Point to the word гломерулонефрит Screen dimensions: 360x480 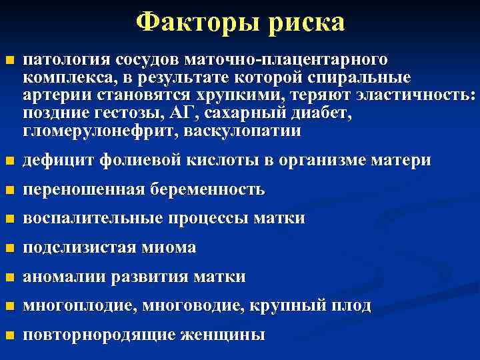[x=93, y=131]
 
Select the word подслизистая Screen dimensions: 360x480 [x=79, y=248]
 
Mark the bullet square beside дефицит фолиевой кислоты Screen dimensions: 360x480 [x=9, y=161]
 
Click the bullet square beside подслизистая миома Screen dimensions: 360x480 [x=9, y=249]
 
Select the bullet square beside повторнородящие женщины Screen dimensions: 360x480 [x=9, y=335]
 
